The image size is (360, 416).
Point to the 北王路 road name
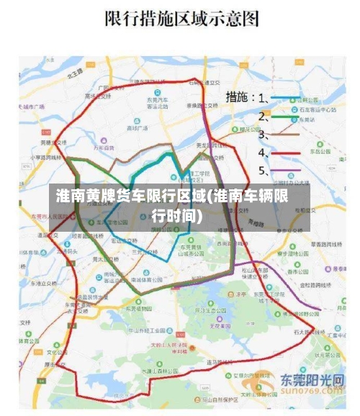pos(73,73)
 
